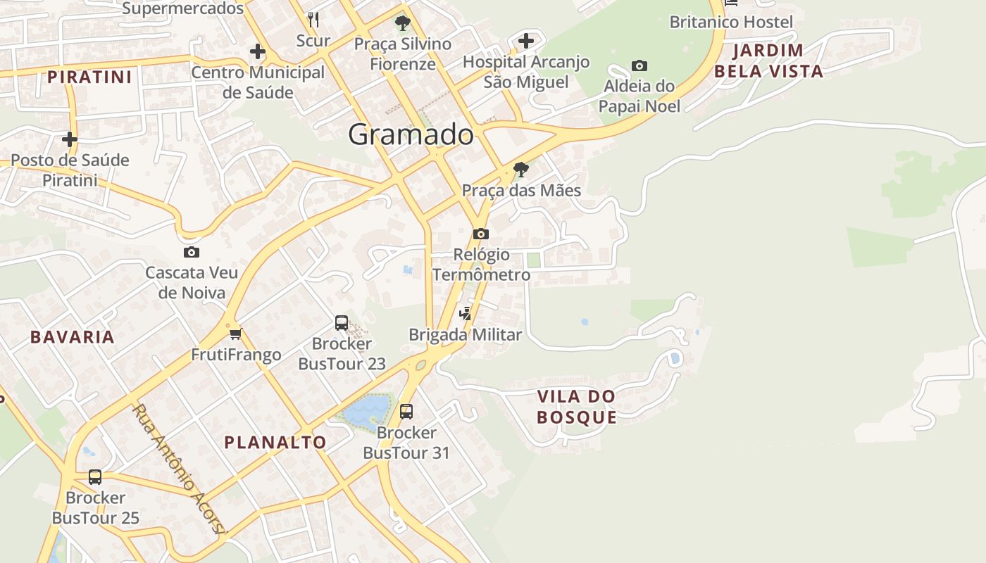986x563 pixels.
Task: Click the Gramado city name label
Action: coord(411,134)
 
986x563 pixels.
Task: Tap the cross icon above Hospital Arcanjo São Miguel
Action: coord(526,41)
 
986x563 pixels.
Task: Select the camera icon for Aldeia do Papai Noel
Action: coord(639,66)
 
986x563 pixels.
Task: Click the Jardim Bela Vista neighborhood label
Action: coord(768,61)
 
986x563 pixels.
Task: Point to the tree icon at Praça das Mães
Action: coord(521,169)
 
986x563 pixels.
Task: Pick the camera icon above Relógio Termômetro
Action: coord(481,234)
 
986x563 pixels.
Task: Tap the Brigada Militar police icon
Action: coord(465,314)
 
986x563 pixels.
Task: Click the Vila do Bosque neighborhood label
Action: coord(577,407)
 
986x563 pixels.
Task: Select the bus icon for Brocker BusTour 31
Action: coord(406,412)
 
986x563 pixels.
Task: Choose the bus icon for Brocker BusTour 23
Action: coord(342,323)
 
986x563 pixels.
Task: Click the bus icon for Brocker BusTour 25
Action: coord(95,477)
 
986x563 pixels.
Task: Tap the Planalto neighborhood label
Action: coord(275,443)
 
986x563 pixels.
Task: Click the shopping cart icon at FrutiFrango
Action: coord(236,334)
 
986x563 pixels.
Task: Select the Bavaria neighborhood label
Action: coord(73,337)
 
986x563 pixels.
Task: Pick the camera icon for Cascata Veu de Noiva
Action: coord(191,252)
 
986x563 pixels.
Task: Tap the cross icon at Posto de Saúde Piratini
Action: coord(69,139)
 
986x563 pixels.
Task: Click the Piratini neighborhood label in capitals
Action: coord(89,77)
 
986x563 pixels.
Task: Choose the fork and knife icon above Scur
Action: coord(313,19)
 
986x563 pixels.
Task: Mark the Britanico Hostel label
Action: coord(731,22)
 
